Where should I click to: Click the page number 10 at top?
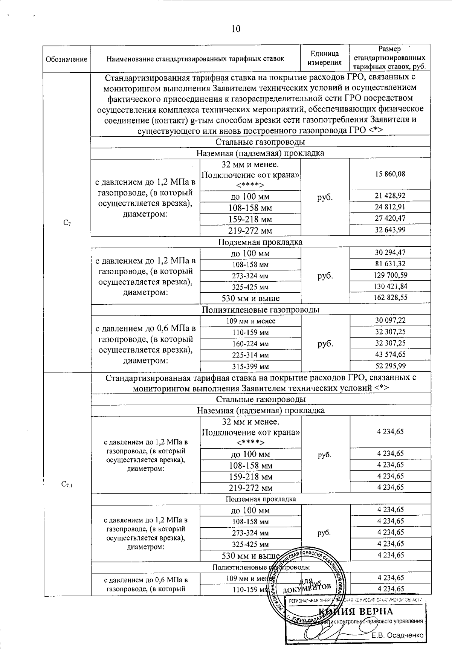coord(236,29)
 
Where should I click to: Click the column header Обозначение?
coord(66,59)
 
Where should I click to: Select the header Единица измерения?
coord(325,58)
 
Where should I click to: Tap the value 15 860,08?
coord(390,174)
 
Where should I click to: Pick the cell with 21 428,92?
coord(390,195)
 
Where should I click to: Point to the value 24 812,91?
coord(390,207)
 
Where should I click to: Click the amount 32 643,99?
coord(390,229)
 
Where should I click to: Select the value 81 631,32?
coord(390,264)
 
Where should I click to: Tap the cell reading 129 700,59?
coord(390,275)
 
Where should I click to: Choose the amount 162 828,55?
coord(390,298)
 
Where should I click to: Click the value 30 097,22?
coord(390,320)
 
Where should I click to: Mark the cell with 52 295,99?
coord(390,366)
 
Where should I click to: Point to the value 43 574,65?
coord(390,354)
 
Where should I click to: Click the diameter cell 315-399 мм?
coord(250,366)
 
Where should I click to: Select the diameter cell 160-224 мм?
coord(250,344)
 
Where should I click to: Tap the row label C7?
coord(67,223)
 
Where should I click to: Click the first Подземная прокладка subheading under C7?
coord(260,242)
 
